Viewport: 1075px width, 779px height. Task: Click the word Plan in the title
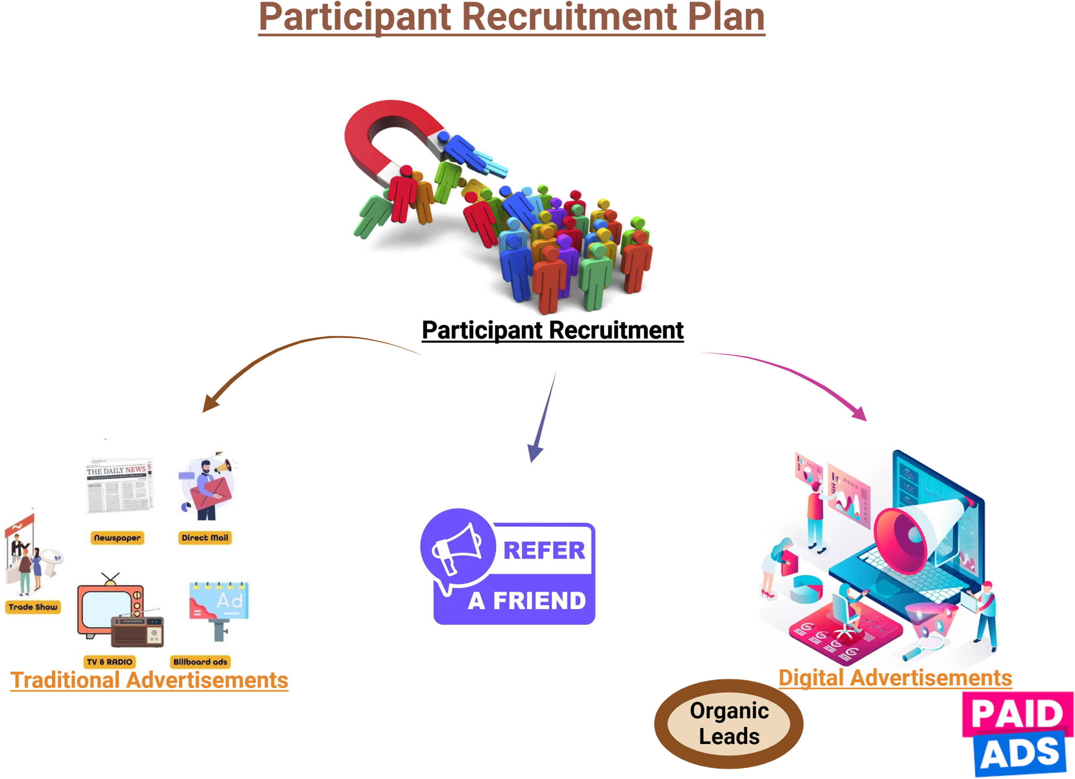[726, 18]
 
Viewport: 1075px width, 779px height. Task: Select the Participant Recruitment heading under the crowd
[553, 331]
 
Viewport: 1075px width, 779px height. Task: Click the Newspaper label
[117, 538]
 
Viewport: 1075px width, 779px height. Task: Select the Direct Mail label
[205, 538]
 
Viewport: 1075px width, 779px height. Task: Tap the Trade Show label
[33, 607]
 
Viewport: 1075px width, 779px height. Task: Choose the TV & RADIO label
[110, 662]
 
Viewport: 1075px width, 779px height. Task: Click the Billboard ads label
[200, 662]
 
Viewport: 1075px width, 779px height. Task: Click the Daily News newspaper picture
[120, 486]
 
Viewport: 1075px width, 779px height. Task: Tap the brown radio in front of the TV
[137, 631]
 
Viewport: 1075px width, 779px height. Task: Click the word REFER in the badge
[544, 550]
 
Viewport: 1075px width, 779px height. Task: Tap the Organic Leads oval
[729, 724]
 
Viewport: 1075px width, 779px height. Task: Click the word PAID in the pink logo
[1017, 713]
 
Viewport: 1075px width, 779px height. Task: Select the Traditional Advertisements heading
[149, 680]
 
